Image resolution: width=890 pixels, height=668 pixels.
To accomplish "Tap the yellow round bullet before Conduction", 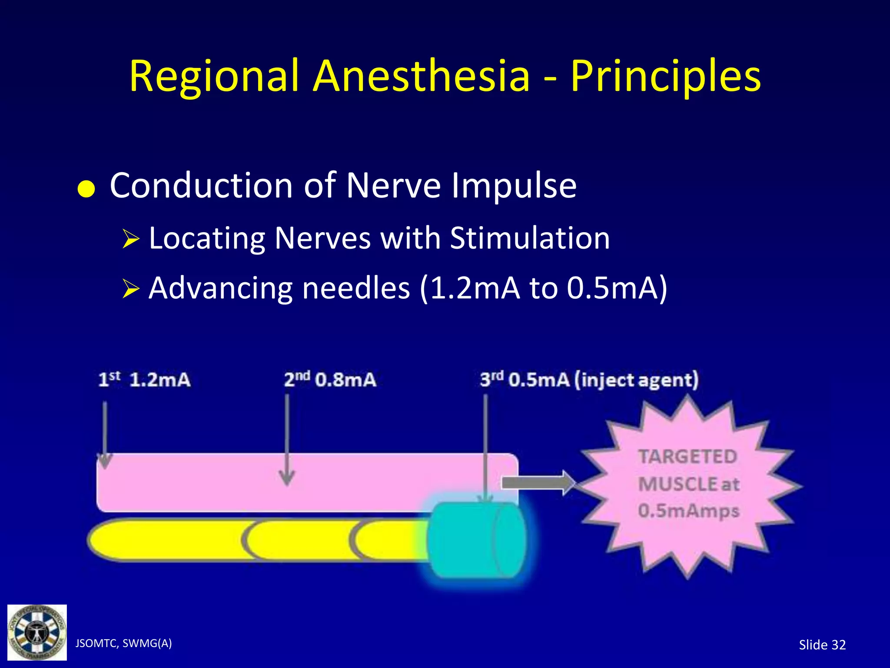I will (x=86, y=189).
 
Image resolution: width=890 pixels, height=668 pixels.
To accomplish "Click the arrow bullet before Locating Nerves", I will (x=130, y=239).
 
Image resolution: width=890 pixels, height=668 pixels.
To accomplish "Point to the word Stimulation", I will (x=529, y=238).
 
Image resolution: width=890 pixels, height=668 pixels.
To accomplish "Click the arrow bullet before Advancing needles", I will (x=130, y=289).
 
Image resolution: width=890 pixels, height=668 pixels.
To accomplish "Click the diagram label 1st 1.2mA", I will (x=144, y=380).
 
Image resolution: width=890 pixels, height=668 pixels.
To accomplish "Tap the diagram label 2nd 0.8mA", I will (x=330, y=380).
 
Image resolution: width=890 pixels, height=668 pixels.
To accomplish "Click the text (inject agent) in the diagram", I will (x=637, y=380).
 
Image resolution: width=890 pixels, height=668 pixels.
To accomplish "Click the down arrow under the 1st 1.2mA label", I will (x=105, y=435).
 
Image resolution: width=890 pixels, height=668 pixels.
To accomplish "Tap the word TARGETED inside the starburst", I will (x=687, y=457).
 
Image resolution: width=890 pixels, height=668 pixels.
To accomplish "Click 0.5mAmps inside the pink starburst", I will (x=688, y=511).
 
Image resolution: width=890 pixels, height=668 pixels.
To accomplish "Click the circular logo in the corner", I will (x=37, y=632).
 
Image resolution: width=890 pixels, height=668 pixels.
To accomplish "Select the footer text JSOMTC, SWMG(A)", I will (x=123, y=643).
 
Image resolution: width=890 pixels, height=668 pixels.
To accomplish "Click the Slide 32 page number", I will (x=822, y=645).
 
